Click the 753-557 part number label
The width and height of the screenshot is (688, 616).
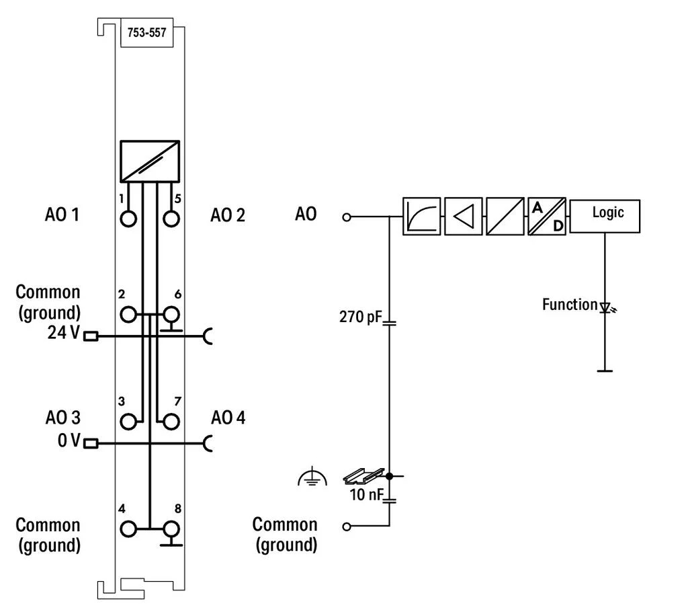click(146, 32)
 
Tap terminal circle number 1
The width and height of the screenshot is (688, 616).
click(128, 218)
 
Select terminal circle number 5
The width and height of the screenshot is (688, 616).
click(171, 218)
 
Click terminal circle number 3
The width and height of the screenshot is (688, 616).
click(128, 422)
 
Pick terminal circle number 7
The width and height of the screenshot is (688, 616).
click(171, 422)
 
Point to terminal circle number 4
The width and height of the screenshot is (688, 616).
click(128, 529)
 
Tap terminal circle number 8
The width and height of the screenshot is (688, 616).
click(171, 529)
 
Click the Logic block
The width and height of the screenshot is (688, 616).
click(605, 216)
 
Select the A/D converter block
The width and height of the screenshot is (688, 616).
click(547, 216)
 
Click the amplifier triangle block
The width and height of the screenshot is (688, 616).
click(464, 216)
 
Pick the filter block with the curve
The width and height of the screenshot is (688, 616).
click(422, 216)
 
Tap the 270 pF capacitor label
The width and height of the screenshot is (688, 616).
click(360, 317)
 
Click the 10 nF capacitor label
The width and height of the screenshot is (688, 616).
click(366, 494)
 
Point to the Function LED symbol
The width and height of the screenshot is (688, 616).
click(607, 307)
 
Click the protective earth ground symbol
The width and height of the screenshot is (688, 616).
click(312, 477)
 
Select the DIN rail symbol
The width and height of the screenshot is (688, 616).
click(363, 476)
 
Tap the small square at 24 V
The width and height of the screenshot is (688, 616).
click(91, 336)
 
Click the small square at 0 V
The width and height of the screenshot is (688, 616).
click(91, 443)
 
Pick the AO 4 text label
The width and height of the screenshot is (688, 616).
click(228, 418)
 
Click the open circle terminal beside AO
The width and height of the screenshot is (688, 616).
click(347, 217)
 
